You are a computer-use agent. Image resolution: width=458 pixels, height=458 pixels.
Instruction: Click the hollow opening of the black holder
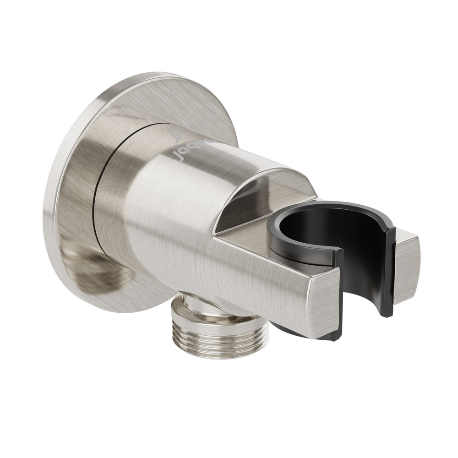(x=316, y=229)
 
